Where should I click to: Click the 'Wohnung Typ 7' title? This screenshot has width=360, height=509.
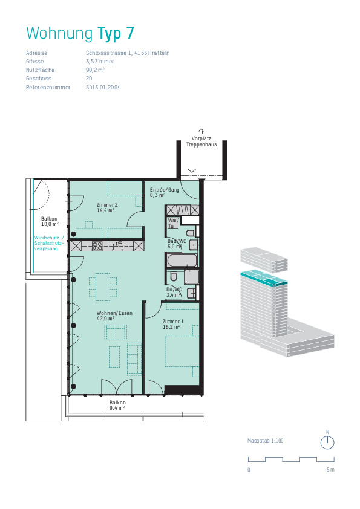(x=80, y=33)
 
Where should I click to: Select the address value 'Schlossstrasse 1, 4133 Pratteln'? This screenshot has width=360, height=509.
(x=128, y=53)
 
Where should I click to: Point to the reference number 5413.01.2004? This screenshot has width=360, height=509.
(x=103, y=87)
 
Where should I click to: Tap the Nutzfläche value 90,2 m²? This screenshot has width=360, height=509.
(x=95, y=70)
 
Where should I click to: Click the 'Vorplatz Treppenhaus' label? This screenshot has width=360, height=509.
(x=201, y=141)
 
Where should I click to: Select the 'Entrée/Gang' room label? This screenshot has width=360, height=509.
(x=165, y=190)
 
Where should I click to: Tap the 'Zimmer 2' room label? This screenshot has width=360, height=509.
(x=107, y=205)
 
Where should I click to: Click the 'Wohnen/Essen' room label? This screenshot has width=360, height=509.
(x=114, y=313)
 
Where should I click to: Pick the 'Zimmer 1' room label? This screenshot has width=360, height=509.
(x=173, y=322)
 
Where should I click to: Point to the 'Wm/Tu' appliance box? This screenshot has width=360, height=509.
(x=173, y=223)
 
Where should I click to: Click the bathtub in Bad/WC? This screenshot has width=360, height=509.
(x=182, y=261)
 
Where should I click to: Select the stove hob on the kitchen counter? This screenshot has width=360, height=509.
(x=97, y=246)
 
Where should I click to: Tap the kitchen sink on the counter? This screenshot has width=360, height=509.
(x=118, y=246)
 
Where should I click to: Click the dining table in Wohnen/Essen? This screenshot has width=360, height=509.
(x=103, y=287)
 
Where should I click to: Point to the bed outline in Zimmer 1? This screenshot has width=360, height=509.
(x=182, y=352)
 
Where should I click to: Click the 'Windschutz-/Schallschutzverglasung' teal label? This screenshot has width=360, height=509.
(x=49, y=243)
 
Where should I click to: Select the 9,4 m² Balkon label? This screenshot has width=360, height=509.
(x=117, y=405)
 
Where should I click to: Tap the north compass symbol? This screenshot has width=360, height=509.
(x=327, y=443)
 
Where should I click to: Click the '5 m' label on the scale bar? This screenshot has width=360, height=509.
(x=330, y=469)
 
